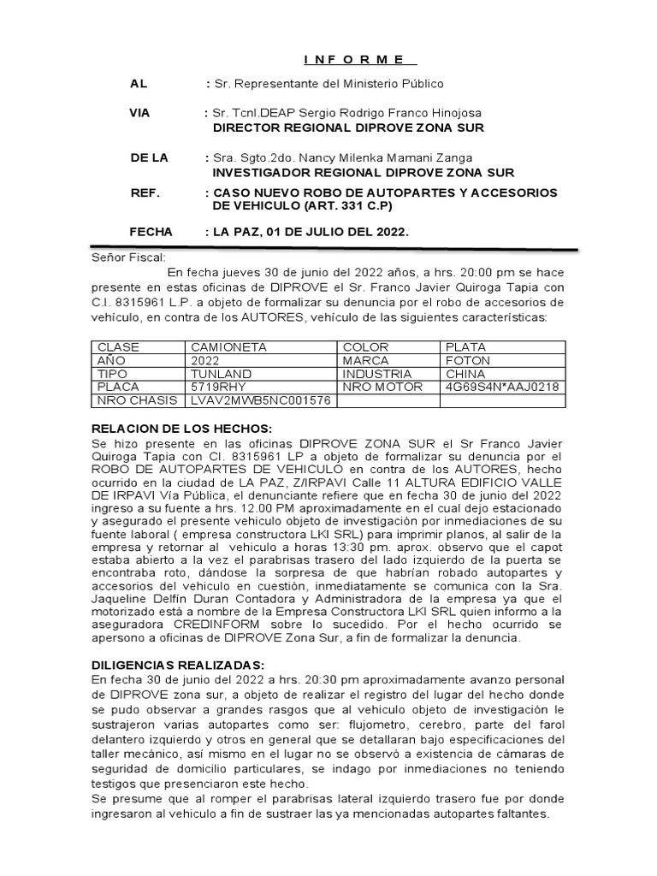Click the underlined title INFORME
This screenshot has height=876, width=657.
tap(359, 59)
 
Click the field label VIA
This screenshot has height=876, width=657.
tap(140, 114)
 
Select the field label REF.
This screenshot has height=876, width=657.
tap(145, 192)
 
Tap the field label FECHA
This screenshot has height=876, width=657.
tap(151, 232)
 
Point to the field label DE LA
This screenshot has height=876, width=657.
tap(149, 158)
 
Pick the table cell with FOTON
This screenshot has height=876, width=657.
tap(468, 361)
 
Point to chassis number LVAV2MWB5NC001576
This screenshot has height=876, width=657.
tap(260, 400)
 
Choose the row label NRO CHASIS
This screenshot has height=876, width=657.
tap(138, 400)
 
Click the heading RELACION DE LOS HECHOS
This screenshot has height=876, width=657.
tap(181, 428)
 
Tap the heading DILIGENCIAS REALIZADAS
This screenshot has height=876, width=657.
tap(178, 664)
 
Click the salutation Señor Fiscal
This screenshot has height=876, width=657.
tap(129, 257)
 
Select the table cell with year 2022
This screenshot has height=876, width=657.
tap(207, 361)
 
